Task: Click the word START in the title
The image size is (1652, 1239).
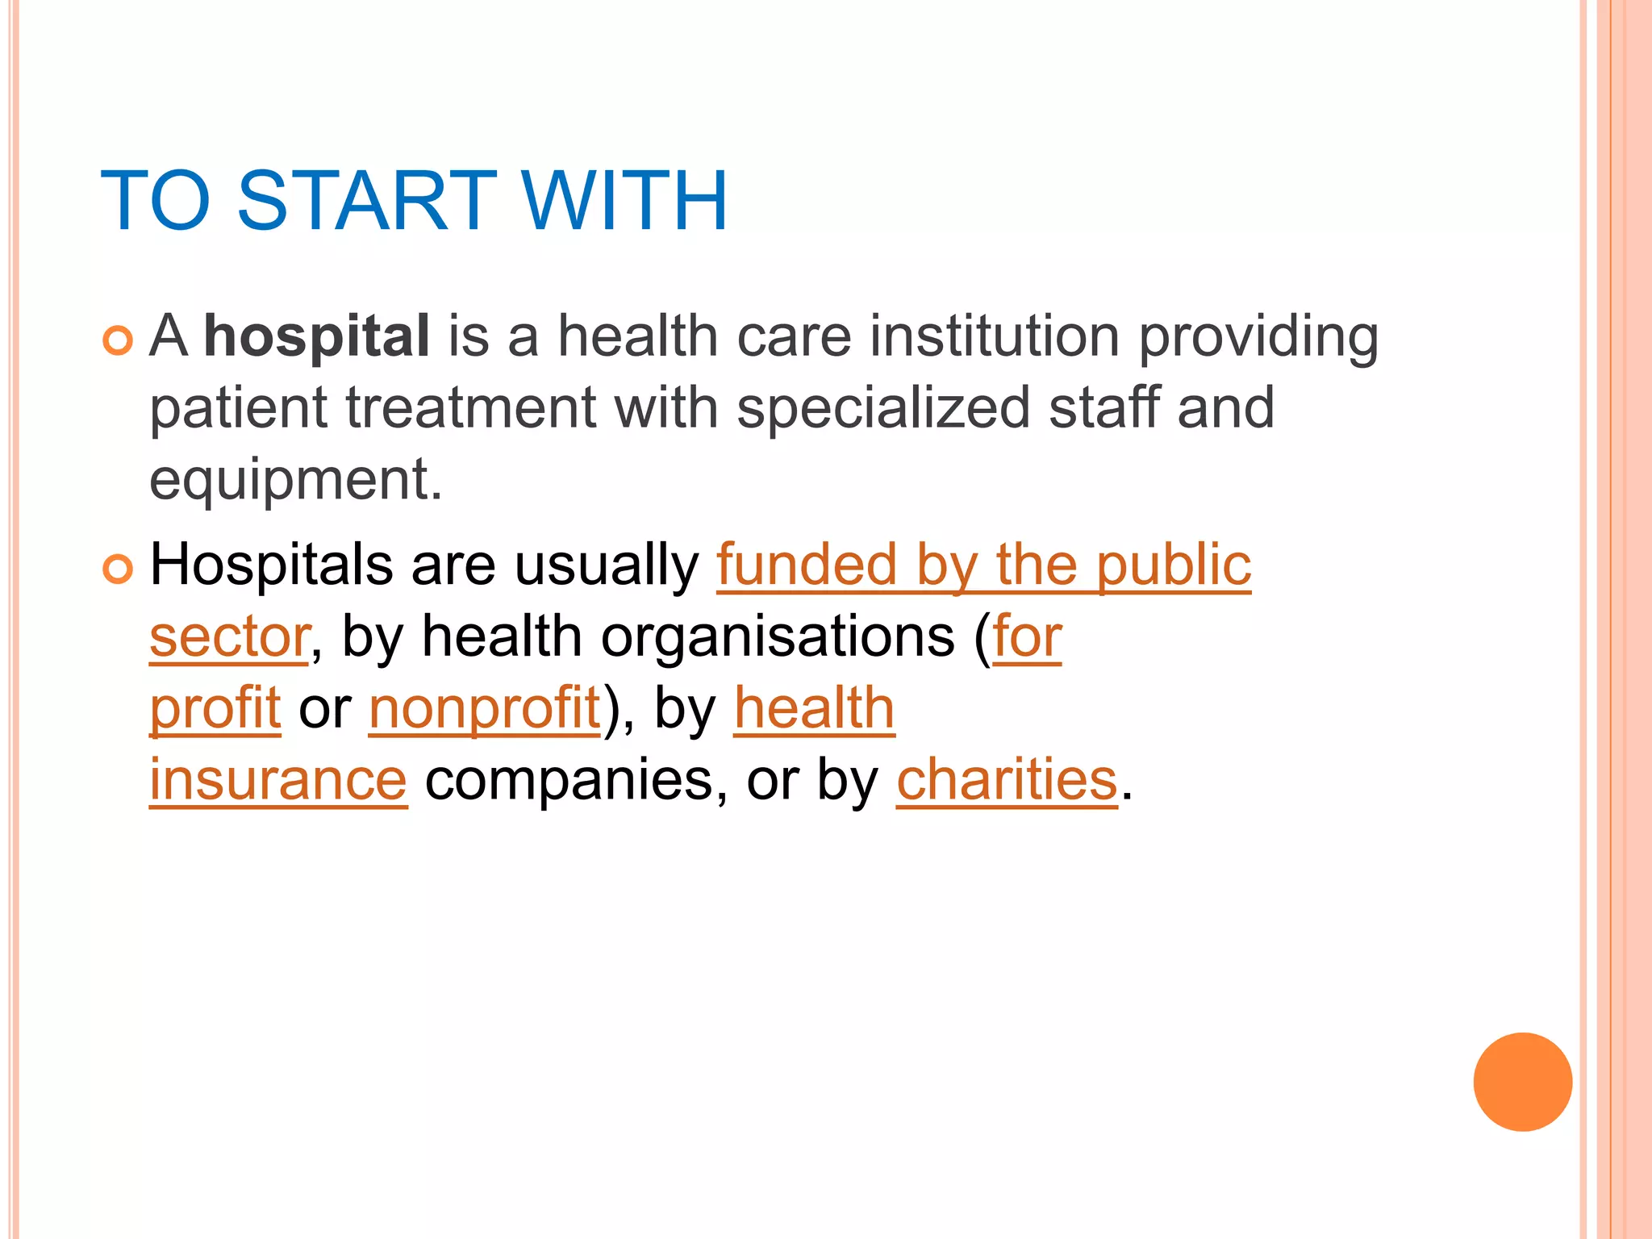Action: coord(367,200)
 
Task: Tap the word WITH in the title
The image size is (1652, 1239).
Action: coord(624,200)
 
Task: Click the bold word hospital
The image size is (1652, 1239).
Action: coord(316,337)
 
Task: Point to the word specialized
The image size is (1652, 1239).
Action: coord(883,407)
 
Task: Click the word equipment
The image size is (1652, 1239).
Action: coord(295,481)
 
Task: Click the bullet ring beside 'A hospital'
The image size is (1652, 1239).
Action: coord(118,340)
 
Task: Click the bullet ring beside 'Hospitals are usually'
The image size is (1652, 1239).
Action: coord(118,569)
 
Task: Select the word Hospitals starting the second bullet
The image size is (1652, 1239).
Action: coord(272,565)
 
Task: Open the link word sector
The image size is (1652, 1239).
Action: coord(229,637)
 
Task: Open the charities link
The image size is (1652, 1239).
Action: coord(1007,780)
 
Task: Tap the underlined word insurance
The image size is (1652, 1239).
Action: coord(278,780)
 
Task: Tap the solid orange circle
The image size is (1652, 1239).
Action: coord(1522,1082)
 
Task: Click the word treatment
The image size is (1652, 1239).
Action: coord(471,407)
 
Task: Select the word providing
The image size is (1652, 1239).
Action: coord(1258,337)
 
